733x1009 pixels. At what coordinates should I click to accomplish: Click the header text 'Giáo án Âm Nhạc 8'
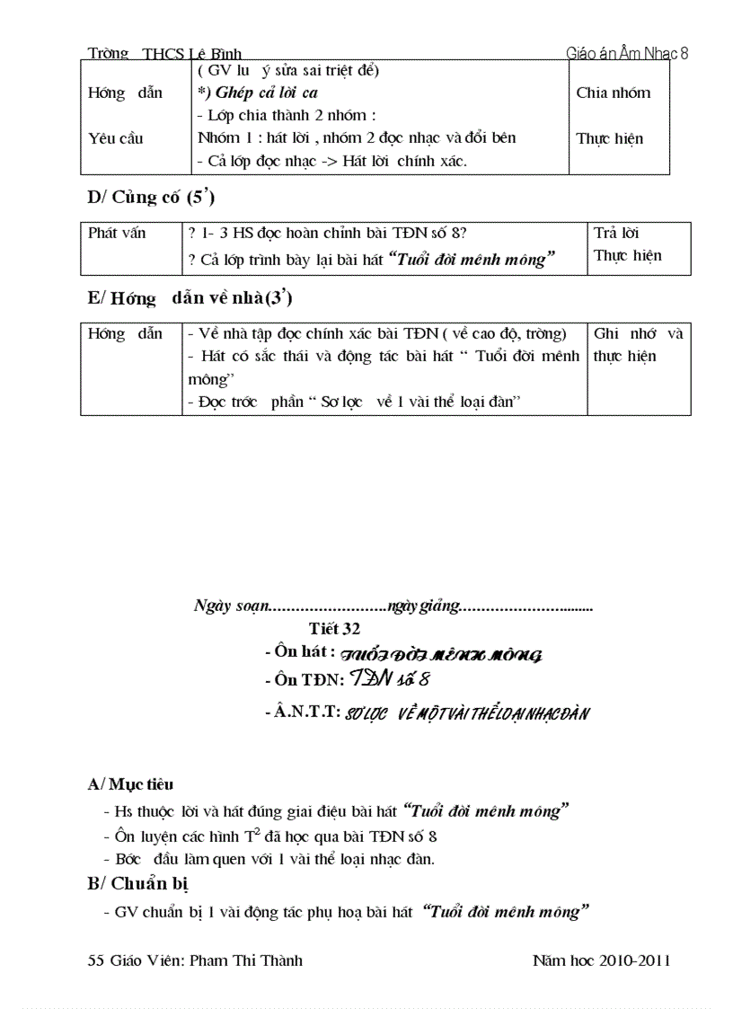pyautogui.click(x=627, y=53)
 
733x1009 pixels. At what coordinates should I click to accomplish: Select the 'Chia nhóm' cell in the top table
pyautogui.click(x=613, y=93)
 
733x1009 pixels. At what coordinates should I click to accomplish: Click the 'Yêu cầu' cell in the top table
pyautogui.click(x=115, y=138)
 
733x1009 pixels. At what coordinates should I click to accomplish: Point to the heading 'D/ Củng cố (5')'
pyautogui.click(x=151, y=199)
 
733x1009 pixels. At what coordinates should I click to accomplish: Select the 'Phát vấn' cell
pyautogui.click(x=117, y=233)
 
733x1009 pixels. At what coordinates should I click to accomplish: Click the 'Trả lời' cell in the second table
pyautogui.click(x=616, y=233)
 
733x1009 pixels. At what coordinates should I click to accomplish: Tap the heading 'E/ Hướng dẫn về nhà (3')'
pyautogui.click(x=190, y=299)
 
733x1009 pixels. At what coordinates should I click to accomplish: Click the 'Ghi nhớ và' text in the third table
pyautogui.click(x=638, y=333)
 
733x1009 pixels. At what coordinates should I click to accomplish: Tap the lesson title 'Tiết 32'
pyautogui.click(x=334, y=629)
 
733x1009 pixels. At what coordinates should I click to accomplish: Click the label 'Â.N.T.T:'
pyautogui.click(x=303, y=712)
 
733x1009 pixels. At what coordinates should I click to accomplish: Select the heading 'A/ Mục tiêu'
pyautogui.click(x=130, y=784)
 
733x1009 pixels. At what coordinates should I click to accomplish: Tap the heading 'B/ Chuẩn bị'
pyautogui.click(x=137, y=883)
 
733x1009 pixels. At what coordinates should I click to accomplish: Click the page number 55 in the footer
pyautogui.click(x=96, y=960)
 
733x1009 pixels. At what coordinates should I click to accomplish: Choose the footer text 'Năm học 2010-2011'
pyautogui.click(x=601, y=960)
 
